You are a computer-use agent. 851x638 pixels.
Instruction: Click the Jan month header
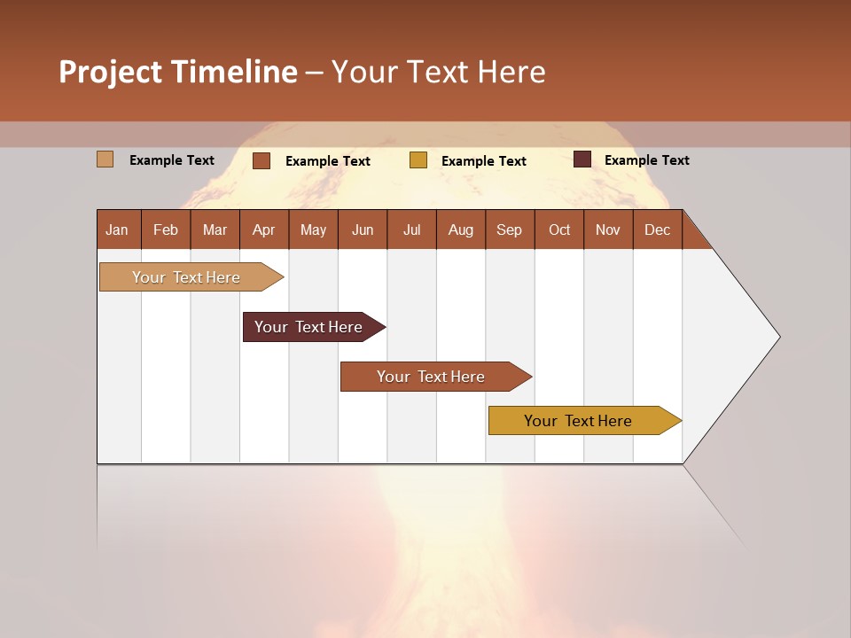(117, 230)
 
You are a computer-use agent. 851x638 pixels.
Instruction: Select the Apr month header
(263, 230)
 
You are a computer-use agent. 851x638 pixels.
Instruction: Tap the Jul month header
(411, 230)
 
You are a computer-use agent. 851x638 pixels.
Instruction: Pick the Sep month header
(509, 230)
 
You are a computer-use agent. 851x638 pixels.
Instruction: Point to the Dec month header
(657, 230)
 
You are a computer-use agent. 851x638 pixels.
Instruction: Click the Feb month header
(166, 230)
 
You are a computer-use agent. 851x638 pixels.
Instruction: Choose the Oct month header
(559, 230)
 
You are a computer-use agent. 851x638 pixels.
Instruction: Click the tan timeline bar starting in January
(186, 277)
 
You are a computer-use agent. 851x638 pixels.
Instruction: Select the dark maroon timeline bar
(308, 327)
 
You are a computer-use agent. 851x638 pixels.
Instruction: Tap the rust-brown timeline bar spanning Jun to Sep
(431, 377)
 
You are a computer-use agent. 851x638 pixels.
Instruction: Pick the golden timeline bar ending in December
(578, 421)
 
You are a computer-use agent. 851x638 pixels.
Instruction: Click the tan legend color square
(105, 159)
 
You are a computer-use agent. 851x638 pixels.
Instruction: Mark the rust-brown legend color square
(261, 160)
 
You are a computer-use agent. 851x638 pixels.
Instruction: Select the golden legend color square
(418, 160)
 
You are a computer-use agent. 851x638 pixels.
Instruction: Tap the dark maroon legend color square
(582, 159)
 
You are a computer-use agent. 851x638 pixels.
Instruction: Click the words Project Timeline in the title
(178, 72)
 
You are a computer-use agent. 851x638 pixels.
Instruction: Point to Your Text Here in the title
(438, 72)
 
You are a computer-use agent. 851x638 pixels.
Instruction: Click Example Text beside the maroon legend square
(646, 160)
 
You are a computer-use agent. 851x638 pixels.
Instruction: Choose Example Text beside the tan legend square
(172, 160)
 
